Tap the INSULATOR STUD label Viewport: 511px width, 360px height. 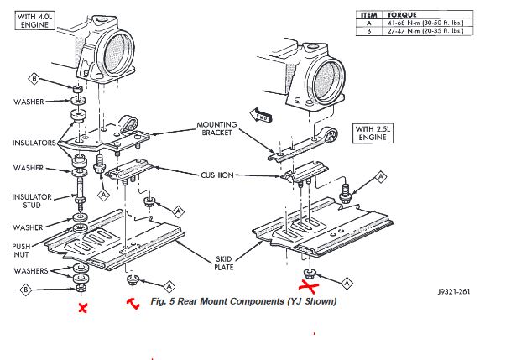click(32, 201)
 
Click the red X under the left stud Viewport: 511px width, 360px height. click(82, 308)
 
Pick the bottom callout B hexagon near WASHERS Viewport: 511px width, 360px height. click(28, 290)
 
